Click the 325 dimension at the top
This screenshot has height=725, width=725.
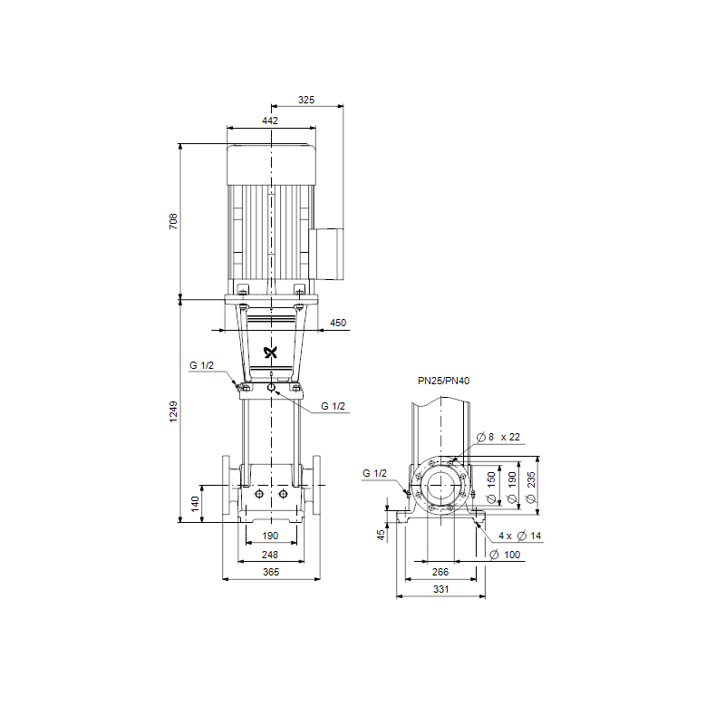[306, 100]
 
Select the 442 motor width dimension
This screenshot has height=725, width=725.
[270, 121]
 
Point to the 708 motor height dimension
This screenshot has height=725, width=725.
[173, 221]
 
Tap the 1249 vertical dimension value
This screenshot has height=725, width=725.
[173, 411]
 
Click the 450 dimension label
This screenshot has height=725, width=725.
[338, 323]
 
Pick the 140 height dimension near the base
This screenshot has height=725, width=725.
[195, 504]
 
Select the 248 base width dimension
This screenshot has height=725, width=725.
[270, 555]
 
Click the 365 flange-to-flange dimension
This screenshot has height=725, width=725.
[271, 572]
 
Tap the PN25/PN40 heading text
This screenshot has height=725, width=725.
[443, 381]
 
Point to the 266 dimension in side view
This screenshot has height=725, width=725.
[440, 572]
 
